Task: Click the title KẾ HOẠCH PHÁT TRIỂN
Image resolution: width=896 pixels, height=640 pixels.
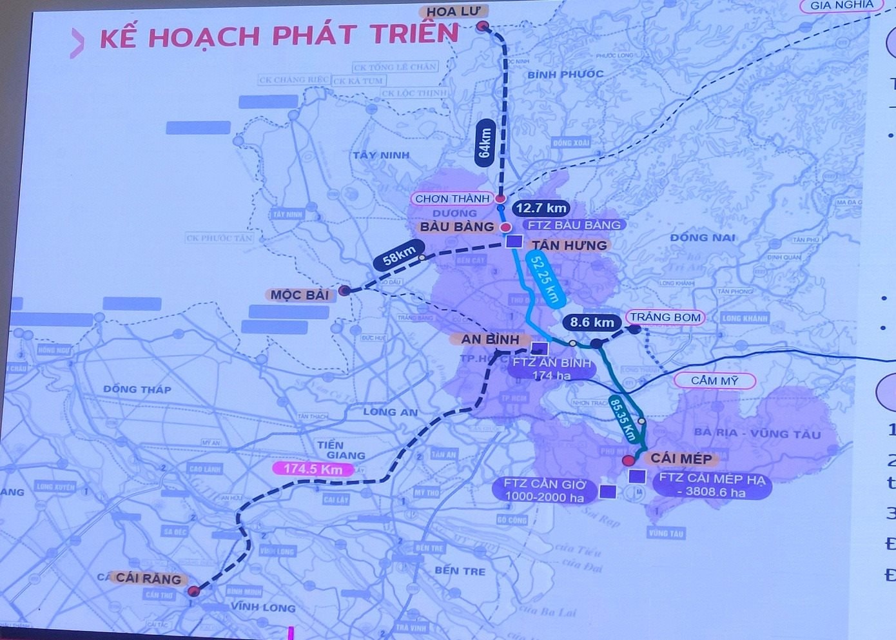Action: pos(278,37)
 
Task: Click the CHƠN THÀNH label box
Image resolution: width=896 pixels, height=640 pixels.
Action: pos(452,199)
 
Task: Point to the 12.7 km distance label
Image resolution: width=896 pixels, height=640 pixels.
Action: pos(541,208)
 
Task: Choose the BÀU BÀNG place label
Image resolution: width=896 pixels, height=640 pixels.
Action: pos(456,227)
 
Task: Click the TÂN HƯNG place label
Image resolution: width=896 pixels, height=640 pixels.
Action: pos(569,245)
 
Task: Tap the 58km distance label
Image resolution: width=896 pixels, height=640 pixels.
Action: pos(399,255)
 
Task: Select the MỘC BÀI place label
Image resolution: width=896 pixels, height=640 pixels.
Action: pos(299,295)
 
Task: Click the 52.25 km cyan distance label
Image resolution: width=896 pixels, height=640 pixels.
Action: pos(544,278)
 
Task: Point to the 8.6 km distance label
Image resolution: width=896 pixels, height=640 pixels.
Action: pos(592,322)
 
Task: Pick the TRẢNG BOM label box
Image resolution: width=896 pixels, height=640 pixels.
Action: pos(665,317)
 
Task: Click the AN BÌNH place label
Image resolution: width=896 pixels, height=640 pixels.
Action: pos(490,339)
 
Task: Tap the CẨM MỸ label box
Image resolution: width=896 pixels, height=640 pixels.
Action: pos(714,380)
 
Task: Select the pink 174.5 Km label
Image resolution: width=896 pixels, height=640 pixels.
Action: pos(313,469)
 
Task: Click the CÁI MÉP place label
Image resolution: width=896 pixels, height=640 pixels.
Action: pos(681,458)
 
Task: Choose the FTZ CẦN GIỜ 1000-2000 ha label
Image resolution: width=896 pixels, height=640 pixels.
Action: pos(545,490)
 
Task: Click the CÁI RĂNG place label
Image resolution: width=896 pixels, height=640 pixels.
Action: pos(148,578)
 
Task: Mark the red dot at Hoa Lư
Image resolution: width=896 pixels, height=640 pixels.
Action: pos(483,26)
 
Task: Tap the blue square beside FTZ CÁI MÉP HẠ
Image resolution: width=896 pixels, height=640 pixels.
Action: pos(637,476)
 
